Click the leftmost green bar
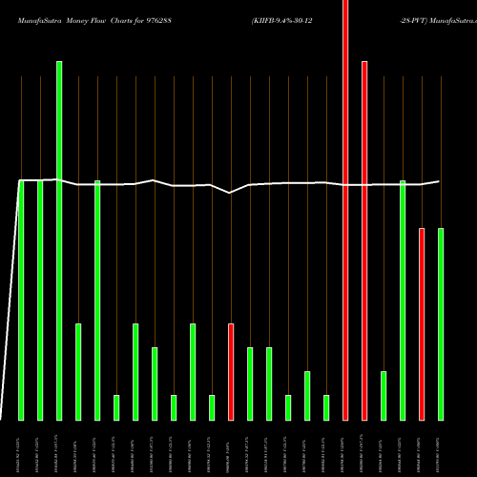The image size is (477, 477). (x=21, y=301)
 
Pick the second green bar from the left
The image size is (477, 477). (x=40, y=301)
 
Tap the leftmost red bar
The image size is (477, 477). (x=231, y=372)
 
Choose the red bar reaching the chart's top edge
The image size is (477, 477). (x=345, y=210)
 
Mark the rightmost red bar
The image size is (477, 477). (x=422, y=324)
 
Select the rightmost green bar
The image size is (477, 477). (x=441, y=324)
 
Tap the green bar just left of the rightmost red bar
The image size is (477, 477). (x=403, y=301)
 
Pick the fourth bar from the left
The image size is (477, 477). (x=78, y=372)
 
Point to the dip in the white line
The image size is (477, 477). (x=230, y=193)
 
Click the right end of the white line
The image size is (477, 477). (x=440, y=180)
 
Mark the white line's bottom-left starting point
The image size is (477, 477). (x=2, y=419)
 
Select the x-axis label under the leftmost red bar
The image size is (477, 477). (x=231, y=447)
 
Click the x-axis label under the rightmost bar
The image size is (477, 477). (x=441, y=447)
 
